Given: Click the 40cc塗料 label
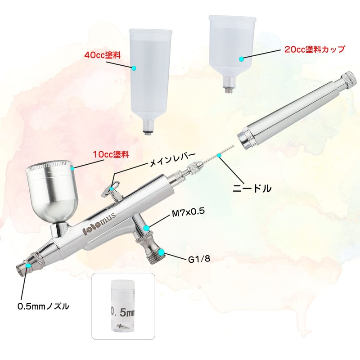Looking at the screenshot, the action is click(x=103, y=55).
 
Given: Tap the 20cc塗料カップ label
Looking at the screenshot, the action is click(x=315, y=49).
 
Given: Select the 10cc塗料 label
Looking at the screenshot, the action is click(x=111, y=154).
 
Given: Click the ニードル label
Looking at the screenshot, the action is click(x=252, y=188).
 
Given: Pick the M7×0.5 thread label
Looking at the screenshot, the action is click(x=188, y=212).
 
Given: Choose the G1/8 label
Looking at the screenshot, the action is click(x=199, y=259).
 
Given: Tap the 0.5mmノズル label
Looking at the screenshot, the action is click(x=43, y=306).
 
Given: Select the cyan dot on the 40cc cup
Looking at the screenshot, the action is click(x=134, y=68).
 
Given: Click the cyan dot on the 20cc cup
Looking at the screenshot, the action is click(x=241, y=59).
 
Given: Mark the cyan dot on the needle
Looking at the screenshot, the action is click(x=219, y=155).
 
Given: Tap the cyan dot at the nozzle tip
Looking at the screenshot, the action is click(x=28, y=265).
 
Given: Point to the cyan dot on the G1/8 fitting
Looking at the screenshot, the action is click(x=162, y=252).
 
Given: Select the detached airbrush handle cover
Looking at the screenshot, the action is click(x=297, y=111).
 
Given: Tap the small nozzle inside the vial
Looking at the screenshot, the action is click(x=121, y=325).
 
